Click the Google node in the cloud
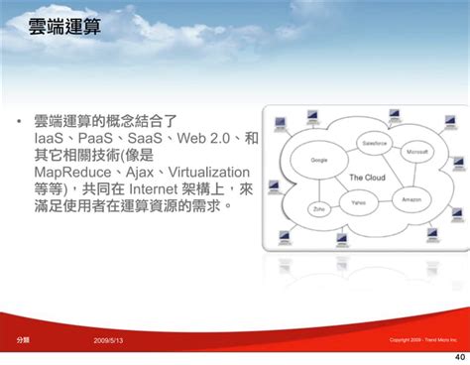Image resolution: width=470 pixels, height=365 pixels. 319,160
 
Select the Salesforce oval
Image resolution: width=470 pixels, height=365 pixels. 375,143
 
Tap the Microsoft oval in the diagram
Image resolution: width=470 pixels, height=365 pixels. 415,152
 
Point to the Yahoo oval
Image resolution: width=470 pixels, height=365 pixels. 359,201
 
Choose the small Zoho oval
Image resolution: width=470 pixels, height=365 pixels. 318,210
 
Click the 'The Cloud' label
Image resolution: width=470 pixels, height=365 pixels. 369,178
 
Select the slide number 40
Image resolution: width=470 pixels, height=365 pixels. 458,356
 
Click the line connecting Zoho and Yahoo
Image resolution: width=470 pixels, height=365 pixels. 335,206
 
